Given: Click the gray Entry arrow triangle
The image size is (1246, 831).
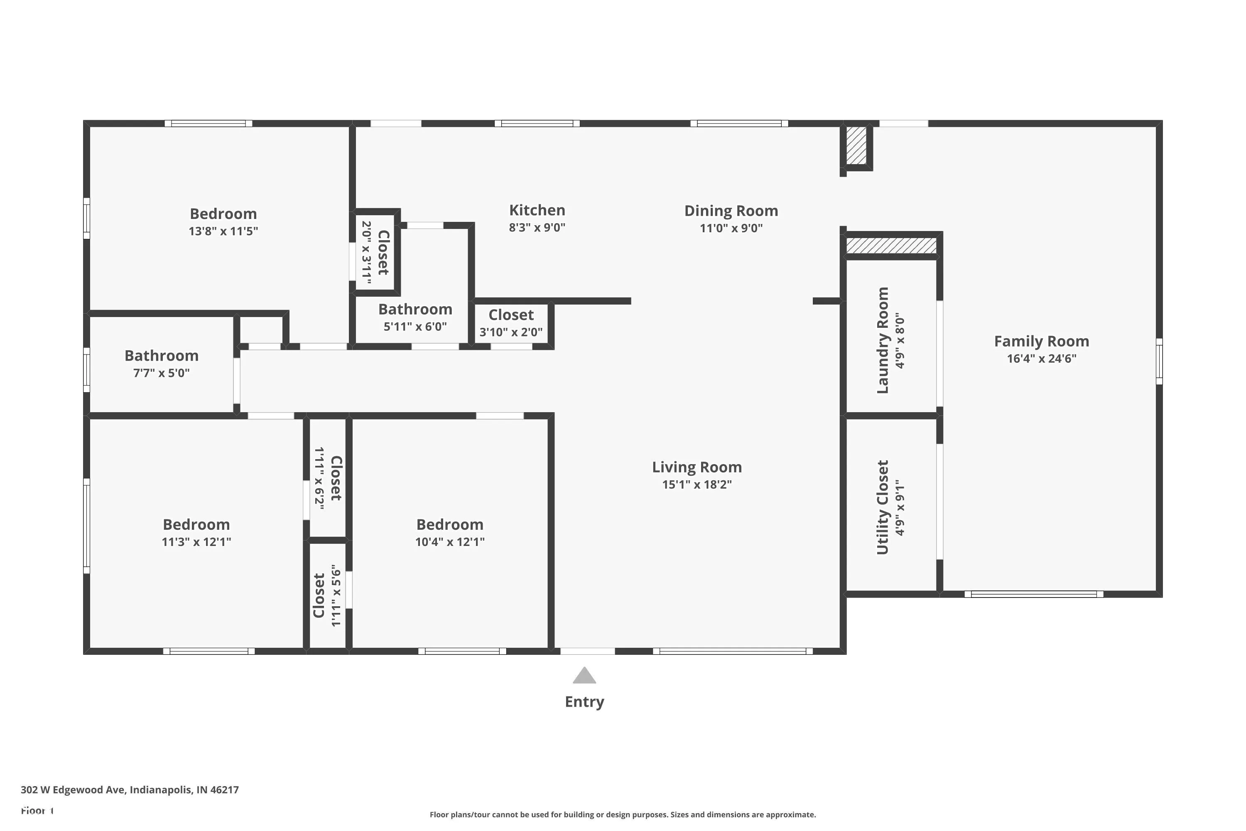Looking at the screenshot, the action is click(x=584, y=676).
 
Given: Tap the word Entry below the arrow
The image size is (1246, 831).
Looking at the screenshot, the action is click(x=584, y=702).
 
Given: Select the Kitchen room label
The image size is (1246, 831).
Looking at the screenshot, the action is click(x=537, y=210).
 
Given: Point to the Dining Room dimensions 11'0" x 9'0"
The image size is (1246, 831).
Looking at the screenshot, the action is click(x=731, y=228).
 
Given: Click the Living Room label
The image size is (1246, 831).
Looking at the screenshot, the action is click(x=697, y=467).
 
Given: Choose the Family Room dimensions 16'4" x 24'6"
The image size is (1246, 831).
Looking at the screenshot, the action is click(x=1042, y=359).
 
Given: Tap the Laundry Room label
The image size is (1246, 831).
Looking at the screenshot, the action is click(x=883, y=340).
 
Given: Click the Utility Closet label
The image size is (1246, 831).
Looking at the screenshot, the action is click(x=883, y=507).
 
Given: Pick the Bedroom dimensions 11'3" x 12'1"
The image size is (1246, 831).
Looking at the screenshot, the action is click(x=196, y=542).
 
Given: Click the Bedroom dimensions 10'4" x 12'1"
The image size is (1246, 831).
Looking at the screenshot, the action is click(x=450, y=542).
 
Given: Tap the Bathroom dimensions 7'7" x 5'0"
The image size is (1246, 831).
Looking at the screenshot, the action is click(x=162, y=373).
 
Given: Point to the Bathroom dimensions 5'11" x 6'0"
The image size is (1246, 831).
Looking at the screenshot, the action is click(x=415, y=327).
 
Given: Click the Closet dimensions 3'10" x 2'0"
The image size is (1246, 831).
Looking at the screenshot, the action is click(x=511, y=332).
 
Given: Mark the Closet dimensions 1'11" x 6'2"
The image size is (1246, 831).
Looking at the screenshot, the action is click(x=319, y=479).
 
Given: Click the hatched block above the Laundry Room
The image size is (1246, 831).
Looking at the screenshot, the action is click(x=892, y=246).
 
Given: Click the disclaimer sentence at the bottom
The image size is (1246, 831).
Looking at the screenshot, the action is click(x=623, y=814).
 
